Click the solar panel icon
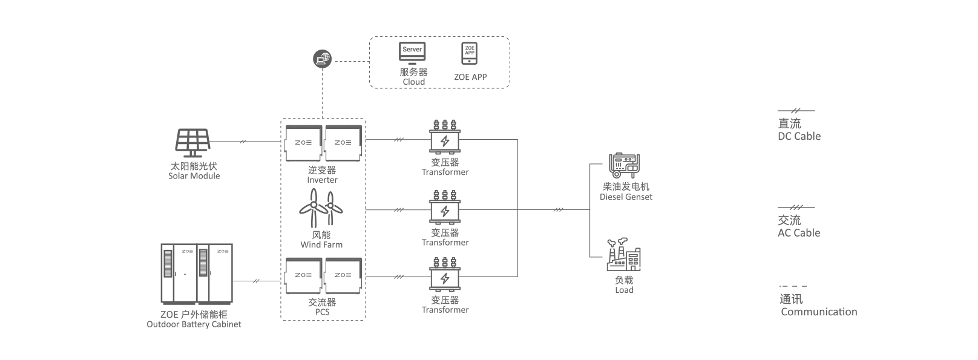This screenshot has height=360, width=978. (192, 143)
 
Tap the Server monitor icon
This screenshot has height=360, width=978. (412, 53)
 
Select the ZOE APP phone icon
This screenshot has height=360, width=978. (470, 53)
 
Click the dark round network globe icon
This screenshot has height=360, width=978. (322, 59)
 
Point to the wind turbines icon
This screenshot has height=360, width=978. (321, 208)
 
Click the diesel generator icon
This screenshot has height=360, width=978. (625, 165)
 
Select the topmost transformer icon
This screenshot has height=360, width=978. (445, 137)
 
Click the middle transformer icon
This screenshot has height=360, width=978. (445, 208)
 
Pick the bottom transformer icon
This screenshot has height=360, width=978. (445, 275)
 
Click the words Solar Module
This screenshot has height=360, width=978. (194, 176)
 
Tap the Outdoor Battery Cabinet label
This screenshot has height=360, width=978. (194, 324)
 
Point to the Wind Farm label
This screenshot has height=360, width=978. (321, 245)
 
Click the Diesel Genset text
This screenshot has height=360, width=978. (626, 197)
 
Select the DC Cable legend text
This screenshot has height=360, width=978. (799, 136)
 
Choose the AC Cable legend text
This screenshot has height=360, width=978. (799, 233)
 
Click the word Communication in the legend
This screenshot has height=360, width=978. (819, 312)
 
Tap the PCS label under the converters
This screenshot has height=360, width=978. (322, 312)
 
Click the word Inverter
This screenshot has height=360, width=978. (322, 180)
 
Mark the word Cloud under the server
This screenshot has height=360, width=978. (414, 82)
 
